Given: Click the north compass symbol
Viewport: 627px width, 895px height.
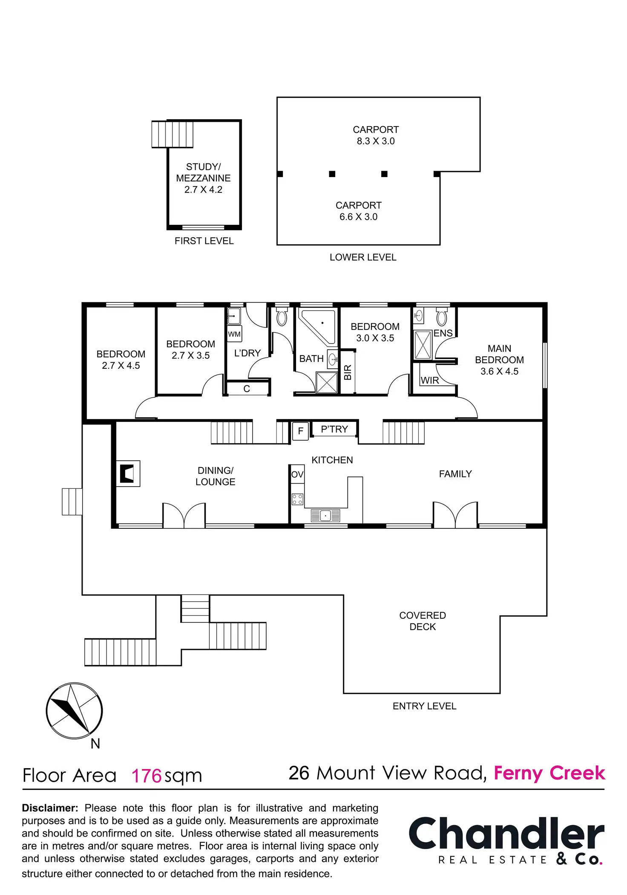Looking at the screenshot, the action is tap(75, 711).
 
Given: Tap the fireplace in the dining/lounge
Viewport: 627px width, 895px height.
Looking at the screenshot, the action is tap(128, 473).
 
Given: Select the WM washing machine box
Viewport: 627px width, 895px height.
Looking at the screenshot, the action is tap(234, 334).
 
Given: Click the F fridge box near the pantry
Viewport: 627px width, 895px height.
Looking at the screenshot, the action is tap(301, 431).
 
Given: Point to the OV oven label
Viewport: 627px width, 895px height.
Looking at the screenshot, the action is tap(297, 474).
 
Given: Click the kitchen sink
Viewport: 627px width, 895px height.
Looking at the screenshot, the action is tap(325, 516).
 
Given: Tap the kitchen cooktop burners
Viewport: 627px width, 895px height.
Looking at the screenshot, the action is tap(297, 499).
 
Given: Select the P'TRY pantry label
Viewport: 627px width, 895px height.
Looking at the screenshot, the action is tap(334, 429).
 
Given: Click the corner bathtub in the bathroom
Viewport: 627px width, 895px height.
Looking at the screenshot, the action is tap(318, 326).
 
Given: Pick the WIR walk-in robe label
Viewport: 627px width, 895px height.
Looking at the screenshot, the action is tap(430, 381).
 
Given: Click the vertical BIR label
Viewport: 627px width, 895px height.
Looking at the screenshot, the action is tap(348, 373).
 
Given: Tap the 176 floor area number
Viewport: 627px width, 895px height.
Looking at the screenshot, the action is tap(147, 776).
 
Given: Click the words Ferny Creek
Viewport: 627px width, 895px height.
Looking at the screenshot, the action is tap(549, 773).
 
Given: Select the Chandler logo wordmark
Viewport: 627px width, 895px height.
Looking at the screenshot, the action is tap(506, 833).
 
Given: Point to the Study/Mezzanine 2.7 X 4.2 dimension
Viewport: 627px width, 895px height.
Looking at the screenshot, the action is tap(203, 190).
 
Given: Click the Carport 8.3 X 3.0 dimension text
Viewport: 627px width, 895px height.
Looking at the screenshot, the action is tap(376, 141).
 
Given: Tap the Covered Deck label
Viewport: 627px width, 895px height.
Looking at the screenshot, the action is tap(423, 621).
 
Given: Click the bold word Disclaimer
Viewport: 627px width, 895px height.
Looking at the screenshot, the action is tap(50, 808).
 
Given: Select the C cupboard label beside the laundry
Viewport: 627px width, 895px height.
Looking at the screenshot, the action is tap(247, 389).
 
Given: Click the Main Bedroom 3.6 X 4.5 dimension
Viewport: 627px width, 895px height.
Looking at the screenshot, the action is tap(500, 372).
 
